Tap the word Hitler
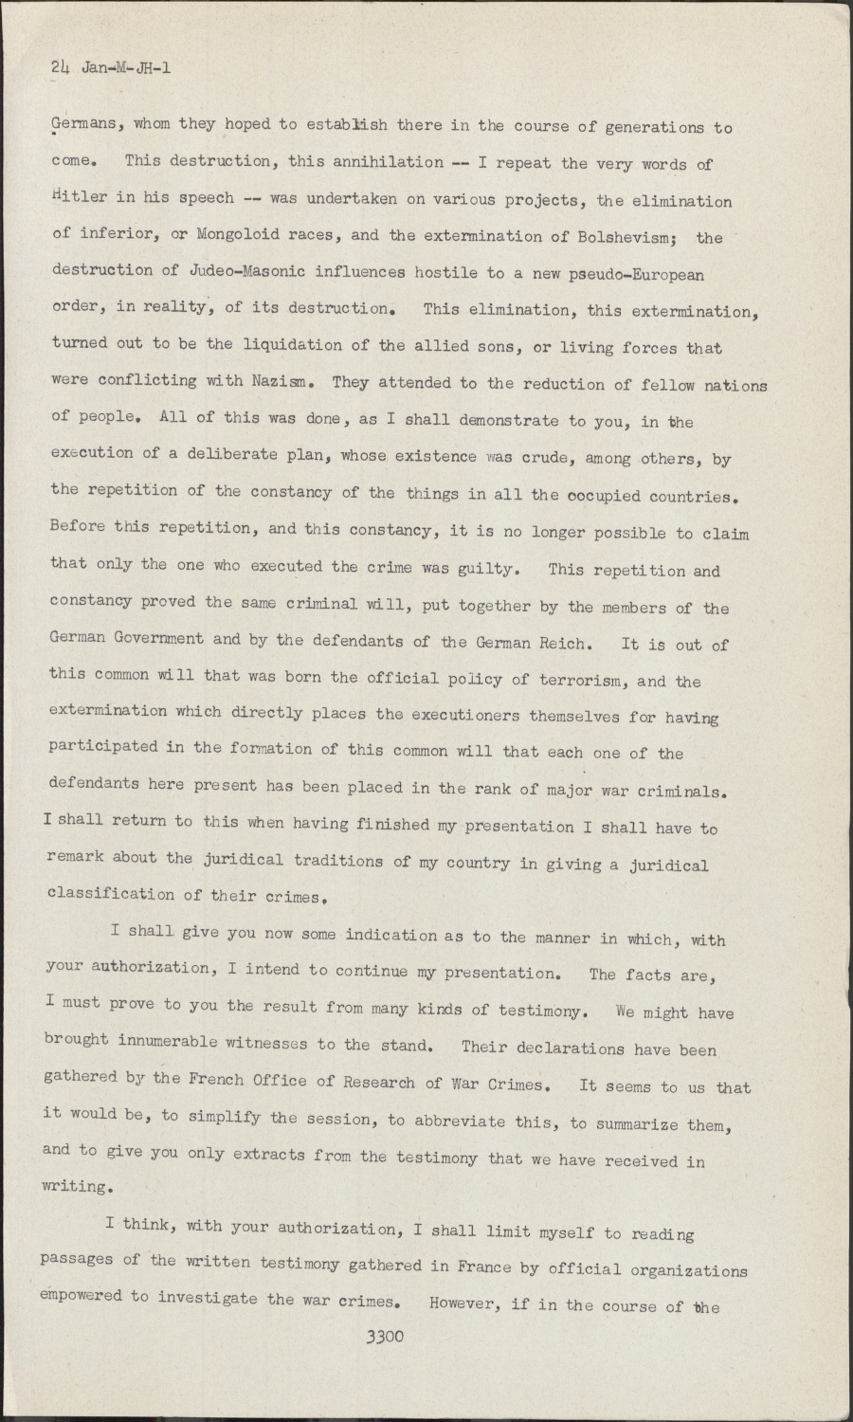pos(79,198)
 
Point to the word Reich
pos(564,643)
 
